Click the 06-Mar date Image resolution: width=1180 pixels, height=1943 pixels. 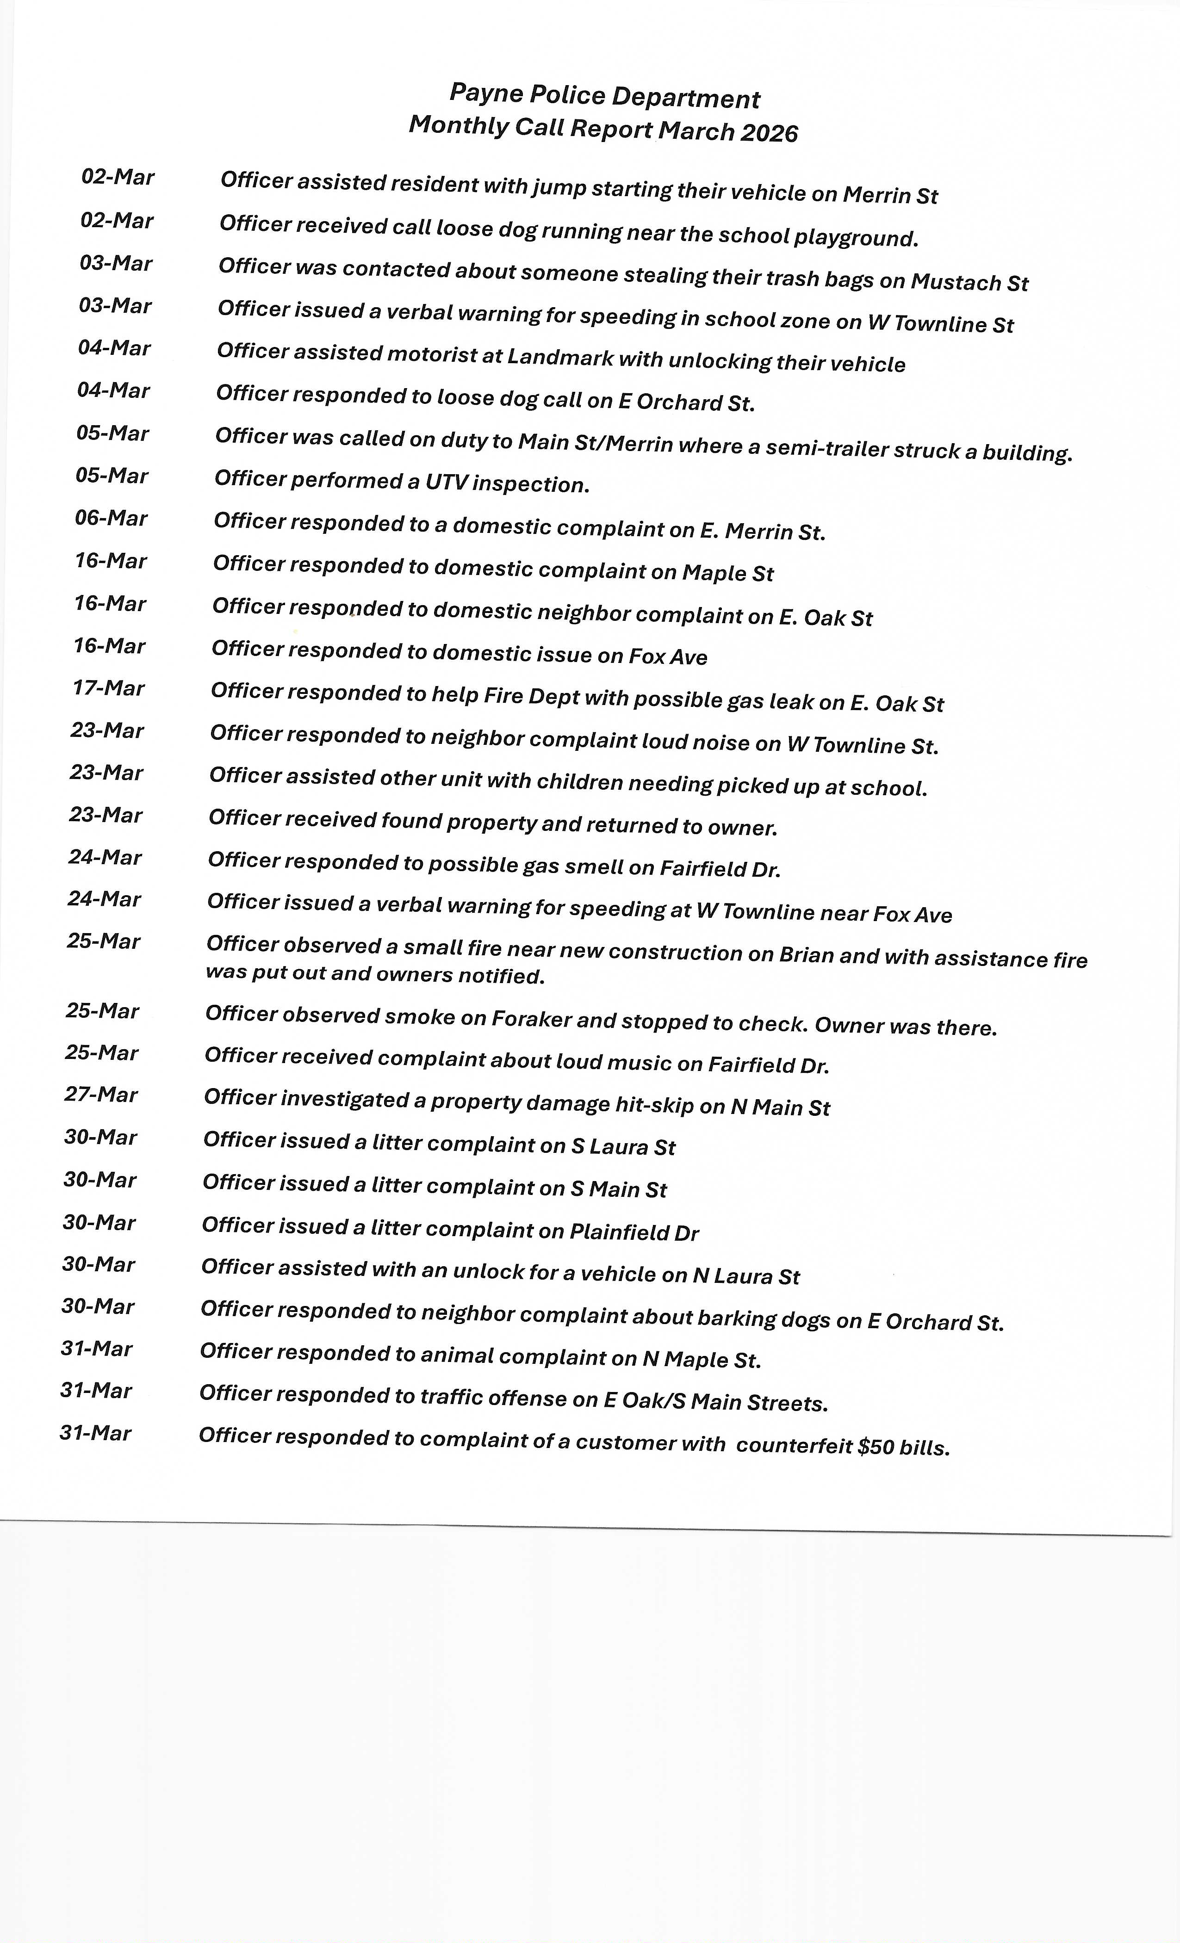(111, 518)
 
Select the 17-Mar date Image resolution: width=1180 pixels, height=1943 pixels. (109, 688)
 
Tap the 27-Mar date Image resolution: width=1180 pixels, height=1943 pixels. (101, 1095)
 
